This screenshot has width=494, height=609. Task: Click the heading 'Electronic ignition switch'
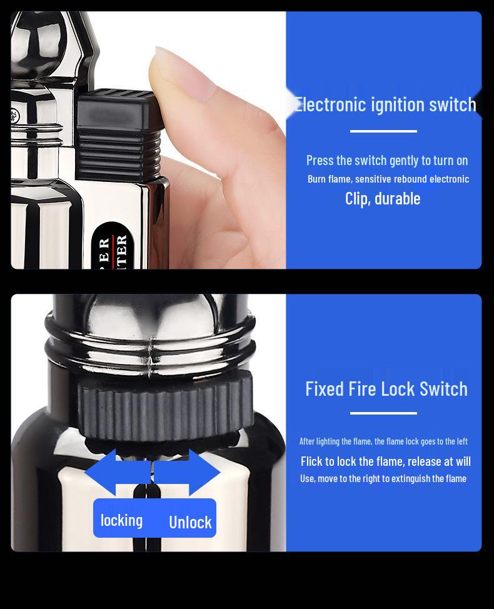tap(385, 104)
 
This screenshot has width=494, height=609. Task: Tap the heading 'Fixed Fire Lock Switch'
tap(386, 388)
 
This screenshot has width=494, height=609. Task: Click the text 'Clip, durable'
tap(383, 199)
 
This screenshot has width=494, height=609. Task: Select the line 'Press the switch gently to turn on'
tap(387, 161)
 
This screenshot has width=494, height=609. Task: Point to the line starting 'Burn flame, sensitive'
tap(388, 179)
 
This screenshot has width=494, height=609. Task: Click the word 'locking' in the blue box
tap(121, 520)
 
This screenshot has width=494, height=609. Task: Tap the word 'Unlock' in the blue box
tap(190, 522)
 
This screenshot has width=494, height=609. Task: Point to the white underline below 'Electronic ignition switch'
tap(383, 131)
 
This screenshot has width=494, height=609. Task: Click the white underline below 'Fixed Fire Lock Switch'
tap(383, 413)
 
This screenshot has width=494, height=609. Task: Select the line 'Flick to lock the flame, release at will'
tap(386, 461)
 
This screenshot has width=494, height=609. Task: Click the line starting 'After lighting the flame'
tap(383, 441)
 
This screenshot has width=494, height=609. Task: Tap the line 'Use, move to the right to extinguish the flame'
tap(383, 479)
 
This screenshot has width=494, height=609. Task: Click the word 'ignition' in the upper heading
tap(398, 104)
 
